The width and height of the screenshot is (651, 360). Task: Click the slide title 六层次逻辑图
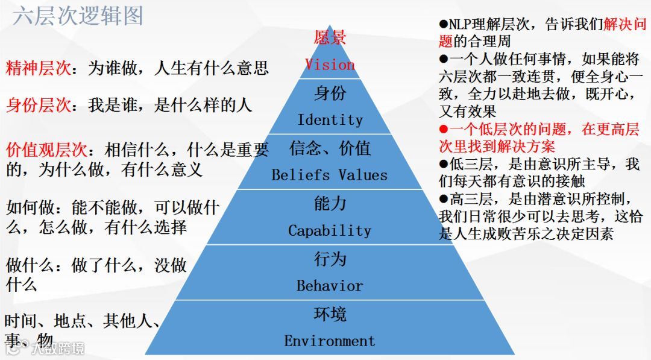78,16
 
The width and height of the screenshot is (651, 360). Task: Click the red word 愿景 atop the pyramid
330,38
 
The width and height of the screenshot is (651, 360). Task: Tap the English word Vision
330,65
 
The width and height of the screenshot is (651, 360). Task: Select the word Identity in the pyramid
330,119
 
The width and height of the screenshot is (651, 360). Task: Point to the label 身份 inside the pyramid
330,93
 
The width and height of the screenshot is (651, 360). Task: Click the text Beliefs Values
329,175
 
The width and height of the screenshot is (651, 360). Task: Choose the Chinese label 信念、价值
330,148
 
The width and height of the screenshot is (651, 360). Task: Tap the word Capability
330,230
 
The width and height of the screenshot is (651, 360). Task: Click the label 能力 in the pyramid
330,204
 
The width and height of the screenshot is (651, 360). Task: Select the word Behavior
330,285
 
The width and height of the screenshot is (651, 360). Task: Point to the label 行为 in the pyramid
330,259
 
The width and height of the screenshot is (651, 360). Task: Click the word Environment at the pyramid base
330,341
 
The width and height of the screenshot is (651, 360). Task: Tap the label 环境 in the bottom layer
330,314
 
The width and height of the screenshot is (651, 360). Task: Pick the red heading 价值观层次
46,149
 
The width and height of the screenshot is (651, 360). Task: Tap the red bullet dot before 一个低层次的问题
443,129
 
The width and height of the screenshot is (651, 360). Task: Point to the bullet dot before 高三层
443,198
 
